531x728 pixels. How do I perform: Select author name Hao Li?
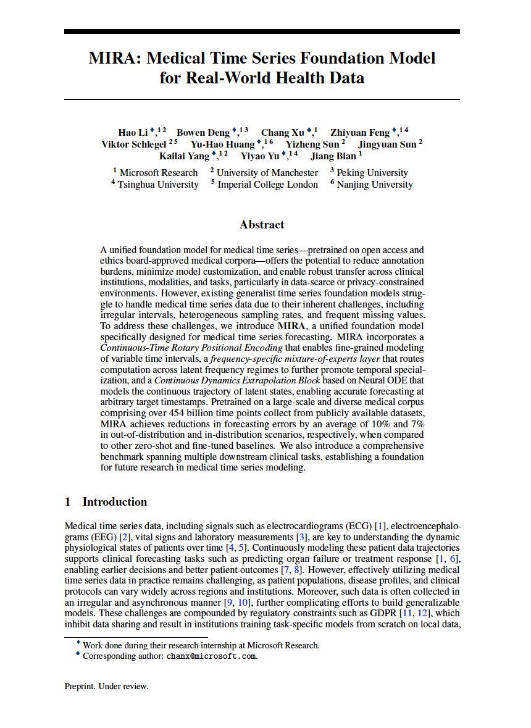point(132,132)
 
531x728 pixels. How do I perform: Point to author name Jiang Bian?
point(333,156)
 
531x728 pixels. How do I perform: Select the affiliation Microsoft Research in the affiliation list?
point(159,173)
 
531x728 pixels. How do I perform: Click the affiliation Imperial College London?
point(268,184)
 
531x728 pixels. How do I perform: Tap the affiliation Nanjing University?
point(375,184)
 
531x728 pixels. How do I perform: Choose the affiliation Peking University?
point(372,173)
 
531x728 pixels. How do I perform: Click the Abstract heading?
point(262,225)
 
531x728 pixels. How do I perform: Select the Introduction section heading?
point(115,501)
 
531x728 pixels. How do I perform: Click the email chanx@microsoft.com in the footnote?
point(211,656)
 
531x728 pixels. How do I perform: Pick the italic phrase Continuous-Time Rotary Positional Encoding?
point(192,348)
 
